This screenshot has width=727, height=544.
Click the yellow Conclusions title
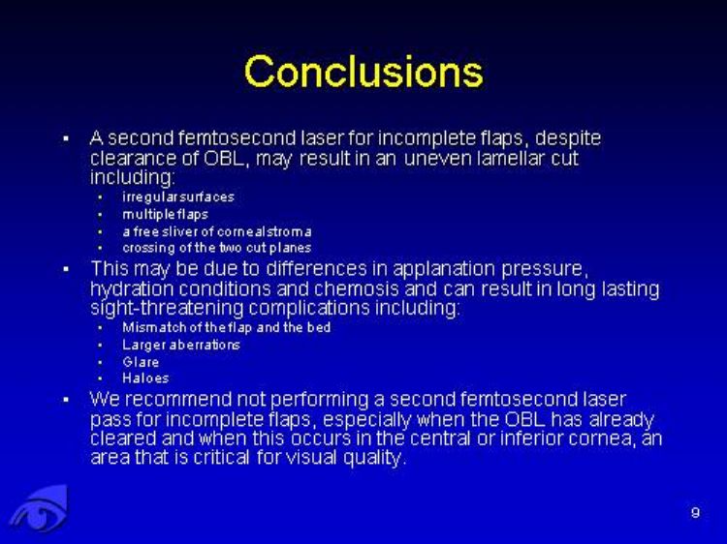coord(363,72)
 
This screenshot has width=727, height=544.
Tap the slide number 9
coord(695,512)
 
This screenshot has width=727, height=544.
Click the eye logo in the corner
coord(39,509)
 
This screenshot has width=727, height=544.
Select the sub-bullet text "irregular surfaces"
coord(178,196)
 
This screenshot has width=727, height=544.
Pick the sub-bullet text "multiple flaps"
coord(165,214)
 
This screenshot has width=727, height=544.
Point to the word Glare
coord(141,362)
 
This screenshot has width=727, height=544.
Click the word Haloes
coord(145,378)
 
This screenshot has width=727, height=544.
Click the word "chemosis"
coord(356,288)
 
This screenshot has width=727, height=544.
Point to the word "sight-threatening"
coord(167,309)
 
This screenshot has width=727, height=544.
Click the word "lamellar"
coord(512,159)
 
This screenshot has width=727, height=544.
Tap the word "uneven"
coord(437,160)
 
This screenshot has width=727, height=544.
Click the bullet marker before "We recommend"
coord(66,400)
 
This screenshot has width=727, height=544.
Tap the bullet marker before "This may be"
coord(66,269)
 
